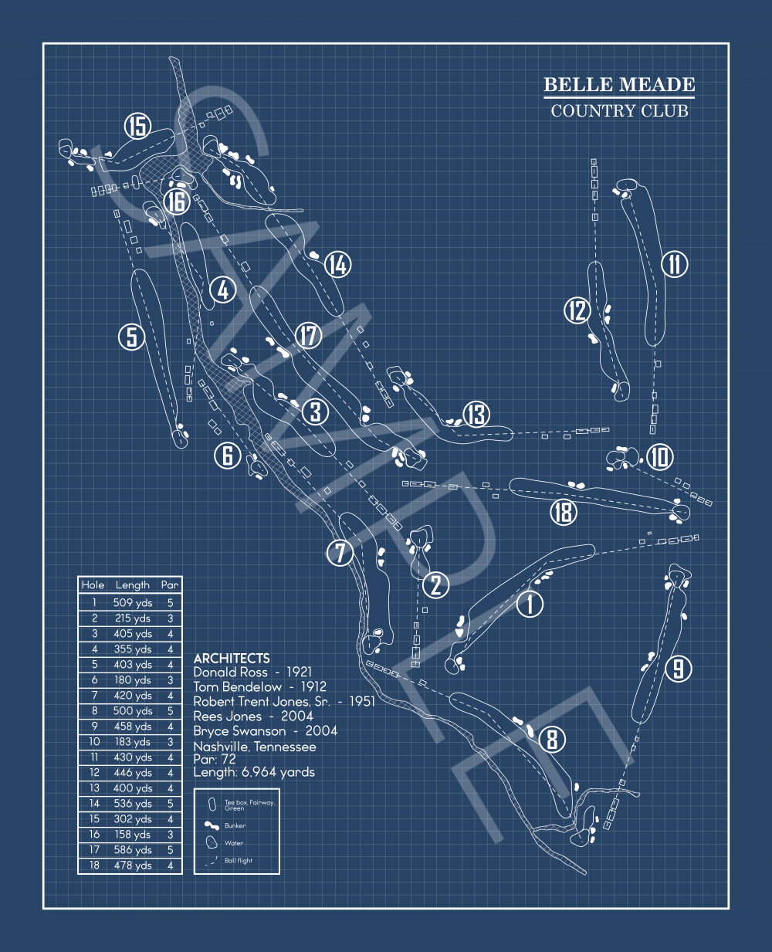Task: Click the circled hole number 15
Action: [137, 126]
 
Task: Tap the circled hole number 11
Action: [675, 264]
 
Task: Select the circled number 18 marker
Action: [564, 511]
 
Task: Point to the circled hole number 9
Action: [678, 668]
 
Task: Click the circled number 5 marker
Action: [132, 337]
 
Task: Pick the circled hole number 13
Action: [477, 415]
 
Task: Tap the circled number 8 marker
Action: [551, 740]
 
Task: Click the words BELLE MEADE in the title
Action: [619, 85]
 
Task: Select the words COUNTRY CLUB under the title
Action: [619, 111]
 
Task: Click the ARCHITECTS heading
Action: [232, 659]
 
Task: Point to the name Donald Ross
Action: [230, 672]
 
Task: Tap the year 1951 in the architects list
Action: [361, 702]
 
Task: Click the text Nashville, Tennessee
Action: [255, 747]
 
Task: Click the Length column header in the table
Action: [132, 585]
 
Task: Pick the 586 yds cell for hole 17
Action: [133, 850]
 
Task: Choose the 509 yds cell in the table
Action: [133, 603]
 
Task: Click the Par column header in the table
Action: [170, 585]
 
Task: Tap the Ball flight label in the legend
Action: [239, 861]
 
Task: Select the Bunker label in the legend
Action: [235, 826]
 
